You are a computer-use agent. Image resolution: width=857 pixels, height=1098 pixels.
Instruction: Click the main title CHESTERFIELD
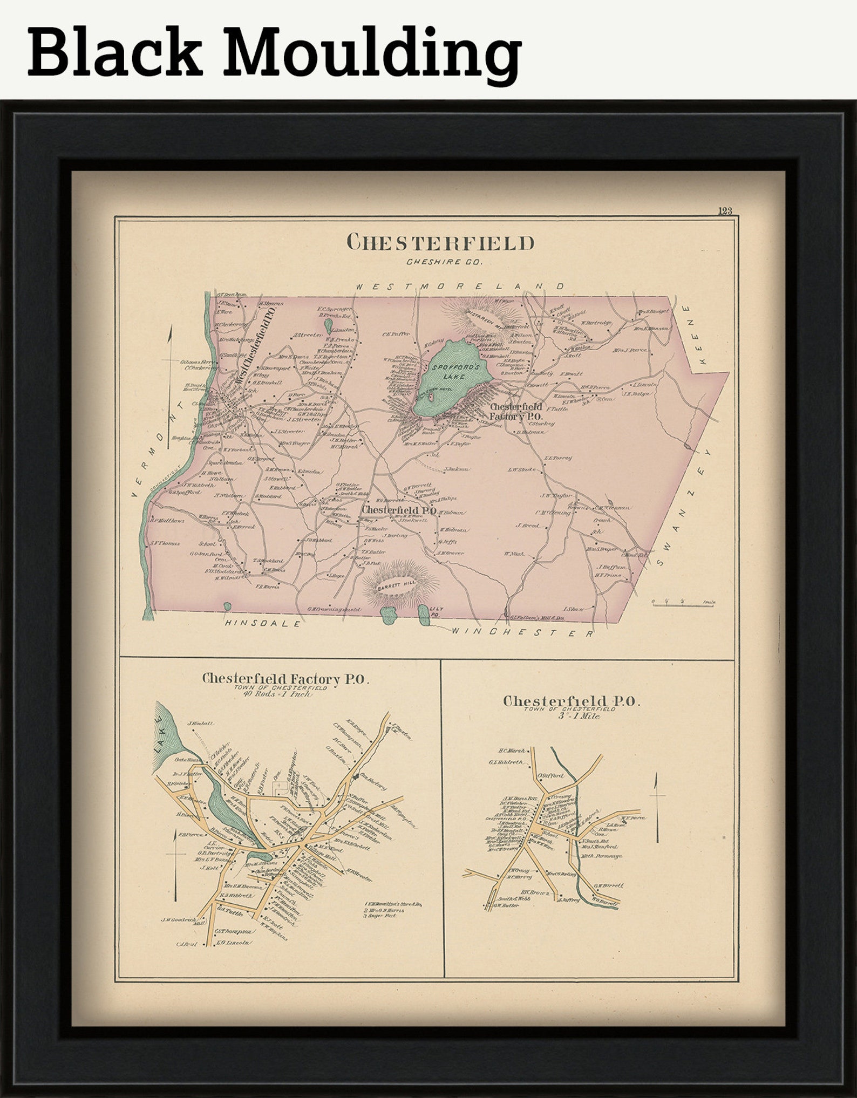pos(440,243)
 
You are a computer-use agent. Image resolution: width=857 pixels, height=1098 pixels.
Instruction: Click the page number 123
pos(725,211)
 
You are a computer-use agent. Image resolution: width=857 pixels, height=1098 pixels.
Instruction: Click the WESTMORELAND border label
pos(460,286)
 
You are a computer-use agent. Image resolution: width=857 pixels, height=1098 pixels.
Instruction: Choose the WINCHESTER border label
pos(522,632)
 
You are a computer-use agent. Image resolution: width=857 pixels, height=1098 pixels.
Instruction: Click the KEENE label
pos(695,335)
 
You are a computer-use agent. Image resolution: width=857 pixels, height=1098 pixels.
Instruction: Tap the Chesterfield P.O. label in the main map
pos(399,510)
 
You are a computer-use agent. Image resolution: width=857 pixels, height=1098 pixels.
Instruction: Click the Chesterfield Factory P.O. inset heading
pos(285,679)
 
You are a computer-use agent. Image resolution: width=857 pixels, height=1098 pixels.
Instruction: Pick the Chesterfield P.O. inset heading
pos(571,701)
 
